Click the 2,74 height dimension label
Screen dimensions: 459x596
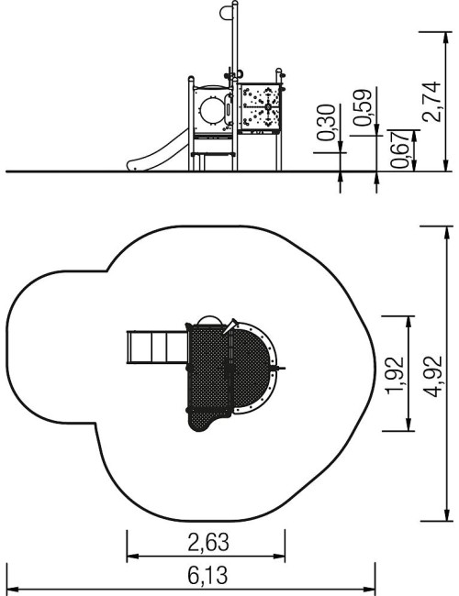click(432, 102)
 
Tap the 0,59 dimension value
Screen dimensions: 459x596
click(362, 107)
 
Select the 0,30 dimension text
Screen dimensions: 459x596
click(326, 122)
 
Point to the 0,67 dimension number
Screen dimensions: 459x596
click(400, 149)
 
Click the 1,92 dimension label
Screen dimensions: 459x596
click(395, 375)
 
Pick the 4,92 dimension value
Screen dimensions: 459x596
click(432, 376)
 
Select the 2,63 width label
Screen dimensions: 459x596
click(208, 542)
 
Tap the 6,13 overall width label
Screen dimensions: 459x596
click(207, 576)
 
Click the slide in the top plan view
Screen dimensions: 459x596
click(157, 348)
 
